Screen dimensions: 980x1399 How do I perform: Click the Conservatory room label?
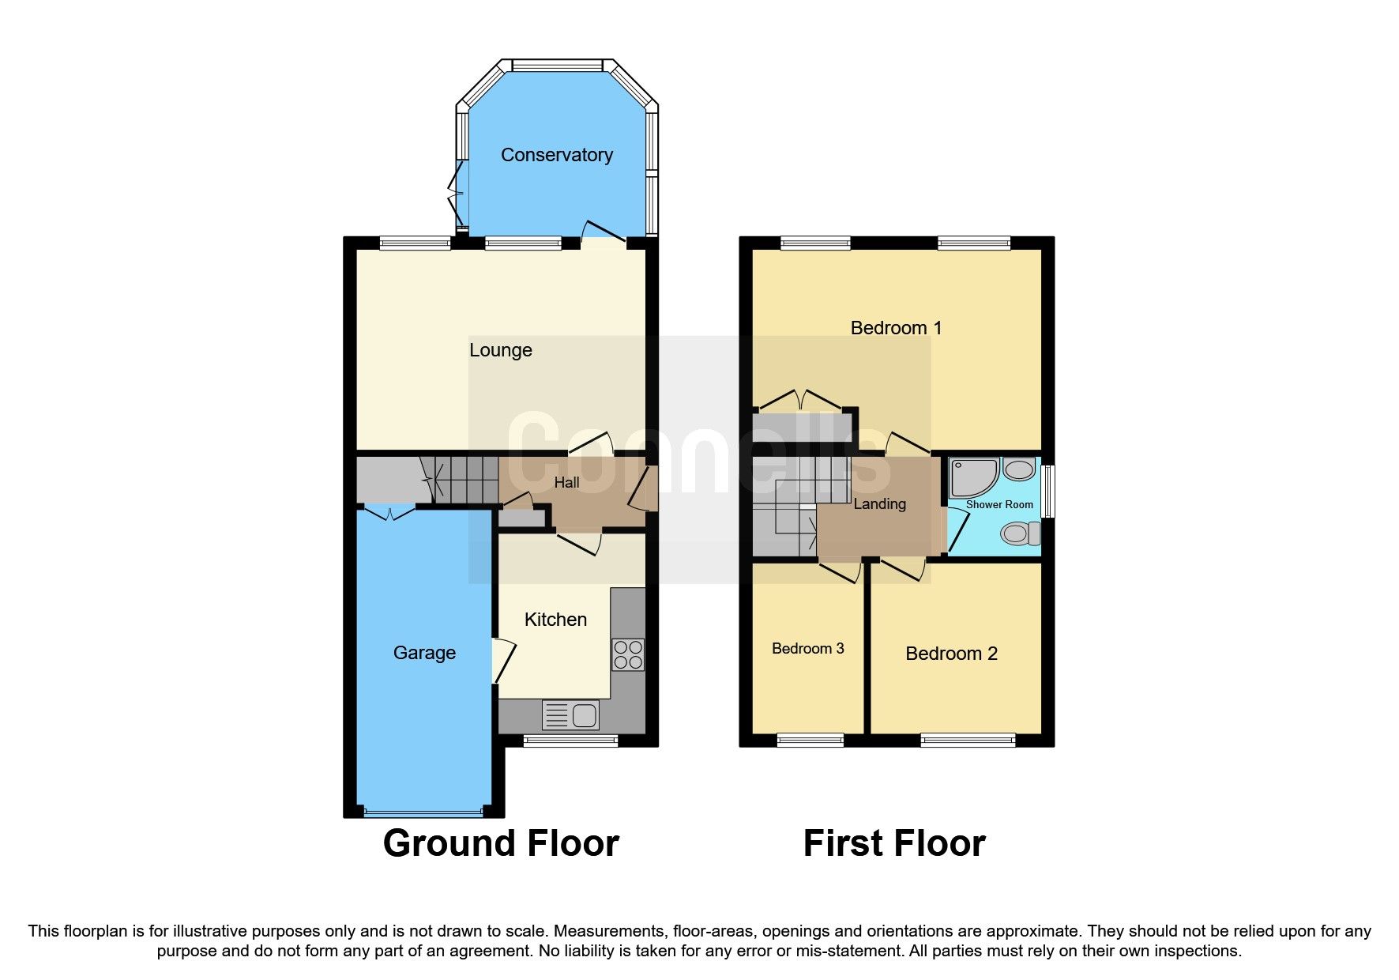pyautogui.click(x=556, y=155)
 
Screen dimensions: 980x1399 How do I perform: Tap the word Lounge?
pyautogui.click(x=500, y=350)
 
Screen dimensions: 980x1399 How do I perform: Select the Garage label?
pyautogui.click(x=424, y=653)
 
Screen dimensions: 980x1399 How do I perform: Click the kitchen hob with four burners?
pyautogui.click(x=628, y=654)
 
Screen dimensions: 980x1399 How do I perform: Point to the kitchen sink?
pyautogui.click(x=570, y=715)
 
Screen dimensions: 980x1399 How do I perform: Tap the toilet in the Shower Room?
pyautogui.click(x=1019, y=534)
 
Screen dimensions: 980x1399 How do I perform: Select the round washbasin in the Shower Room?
pyautogui.click(x=1019, y=470)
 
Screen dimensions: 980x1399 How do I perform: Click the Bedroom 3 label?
pyautogui.click(x=807, y=649)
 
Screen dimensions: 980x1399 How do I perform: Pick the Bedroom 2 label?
pyautogui.click(x=951, y=654)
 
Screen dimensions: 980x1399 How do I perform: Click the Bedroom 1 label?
pyautogui.click(x=896, y=328)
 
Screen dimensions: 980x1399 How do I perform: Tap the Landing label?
pyautogui.click(x=879, y=504)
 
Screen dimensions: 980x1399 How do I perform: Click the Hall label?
pyautogui.click(x=566, y=483)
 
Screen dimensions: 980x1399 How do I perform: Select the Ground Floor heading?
pyautogui.click(x=501, y=843)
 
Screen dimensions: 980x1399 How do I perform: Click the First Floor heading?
pyautogui.click(x=894, y=843)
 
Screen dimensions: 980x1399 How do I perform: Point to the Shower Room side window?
pyautogui.click(x=1048, y=492)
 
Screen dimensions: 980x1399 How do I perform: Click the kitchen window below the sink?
pyautogui.click(x=570, y=741)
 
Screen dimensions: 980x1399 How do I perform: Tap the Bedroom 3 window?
pyautogui.click(x=810, y=741)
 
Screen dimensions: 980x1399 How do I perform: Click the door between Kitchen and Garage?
pyautogui.click(x=502, y=660)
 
